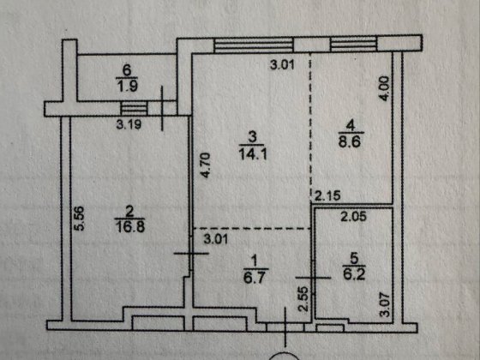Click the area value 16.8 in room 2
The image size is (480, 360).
[x=129, y=226]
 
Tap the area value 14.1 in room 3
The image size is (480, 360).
[x=253, y=154]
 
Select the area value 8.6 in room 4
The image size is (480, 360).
[x=351, y=141]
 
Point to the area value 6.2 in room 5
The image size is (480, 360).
[x=354, y=274]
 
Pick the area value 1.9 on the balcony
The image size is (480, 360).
[x=127, y=86]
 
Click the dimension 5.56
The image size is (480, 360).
[x=79, y=218]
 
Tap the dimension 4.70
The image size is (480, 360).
[x=205, y=165]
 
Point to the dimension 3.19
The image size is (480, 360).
[x=129, y=124]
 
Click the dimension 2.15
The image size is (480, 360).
[x=327, y=196]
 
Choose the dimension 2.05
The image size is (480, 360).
[x=354, y=217]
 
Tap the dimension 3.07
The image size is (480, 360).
[x=385, y=304]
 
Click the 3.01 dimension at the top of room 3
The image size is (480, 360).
[x=282, y=65]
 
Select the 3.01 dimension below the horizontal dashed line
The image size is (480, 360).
[x=216, y=239]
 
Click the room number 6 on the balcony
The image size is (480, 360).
[x=126, y=70]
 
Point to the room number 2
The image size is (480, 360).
[x=129, y=212]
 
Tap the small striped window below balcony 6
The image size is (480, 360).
[x=134, y=108]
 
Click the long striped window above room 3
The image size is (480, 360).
[x=254, y=45]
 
